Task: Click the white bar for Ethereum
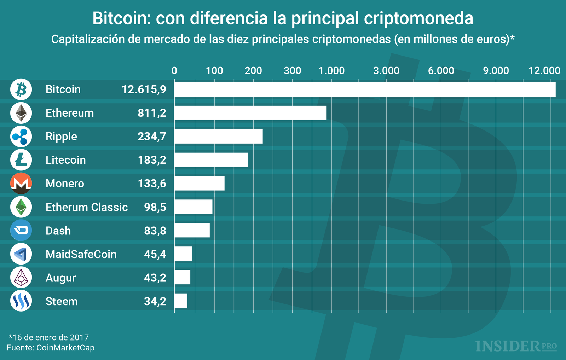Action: point(250,113)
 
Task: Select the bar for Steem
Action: point(181,301)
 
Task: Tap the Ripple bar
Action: point(218,137)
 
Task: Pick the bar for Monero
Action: point(199,184)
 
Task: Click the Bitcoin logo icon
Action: point(21,89)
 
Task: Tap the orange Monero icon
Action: point(21,184)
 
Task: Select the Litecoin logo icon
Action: point(21,160)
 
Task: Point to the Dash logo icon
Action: point(21,231)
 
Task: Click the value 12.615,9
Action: point(144,89)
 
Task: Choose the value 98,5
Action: point(155,207)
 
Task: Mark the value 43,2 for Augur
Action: point(155,278)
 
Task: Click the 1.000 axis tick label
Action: point(331,71)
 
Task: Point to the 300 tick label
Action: point(292,71)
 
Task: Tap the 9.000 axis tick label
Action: point(496,71)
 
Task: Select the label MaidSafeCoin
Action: point(81,254)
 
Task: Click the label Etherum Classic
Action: point(87,207)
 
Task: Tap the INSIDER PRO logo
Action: point(516,346)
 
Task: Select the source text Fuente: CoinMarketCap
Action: point(51,348)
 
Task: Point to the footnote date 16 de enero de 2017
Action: point(50,337)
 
